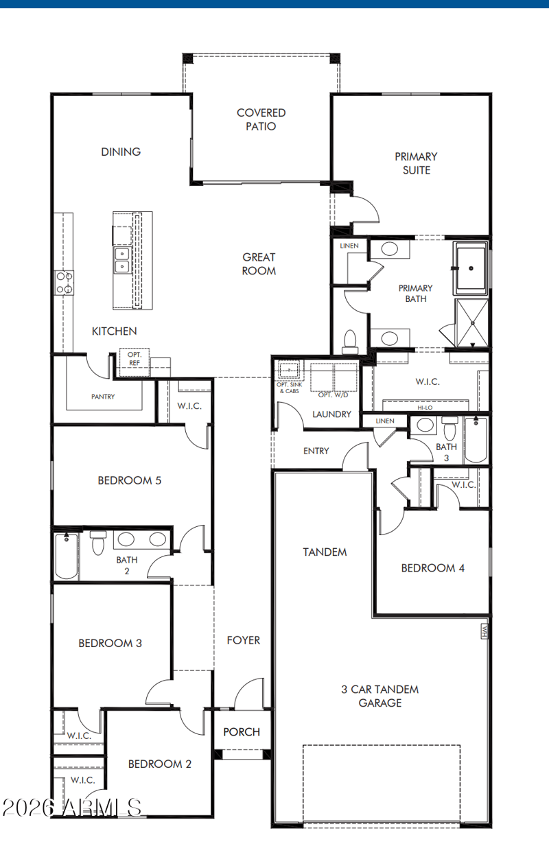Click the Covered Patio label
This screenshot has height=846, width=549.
261,119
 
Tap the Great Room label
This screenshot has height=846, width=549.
259,264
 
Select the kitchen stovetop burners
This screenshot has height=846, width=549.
64,283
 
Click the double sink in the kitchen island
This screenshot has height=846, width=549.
122,260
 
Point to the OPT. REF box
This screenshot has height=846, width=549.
135,362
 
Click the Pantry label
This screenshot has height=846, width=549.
103,397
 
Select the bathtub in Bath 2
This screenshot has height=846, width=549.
67,556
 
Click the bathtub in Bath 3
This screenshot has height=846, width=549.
476,439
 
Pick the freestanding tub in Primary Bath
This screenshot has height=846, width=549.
471,268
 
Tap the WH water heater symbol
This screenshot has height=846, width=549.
484,631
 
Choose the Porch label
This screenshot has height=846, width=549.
242,732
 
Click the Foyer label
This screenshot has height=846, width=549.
244,640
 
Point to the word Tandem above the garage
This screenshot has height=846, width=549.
325,552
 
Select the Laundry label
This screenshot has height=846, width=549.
331,414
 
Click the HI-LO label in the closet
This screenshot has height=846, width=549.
425,408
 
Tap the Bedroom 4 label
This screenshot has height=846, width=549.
432,568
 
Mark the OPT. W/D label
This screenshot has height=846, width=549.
333,395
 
